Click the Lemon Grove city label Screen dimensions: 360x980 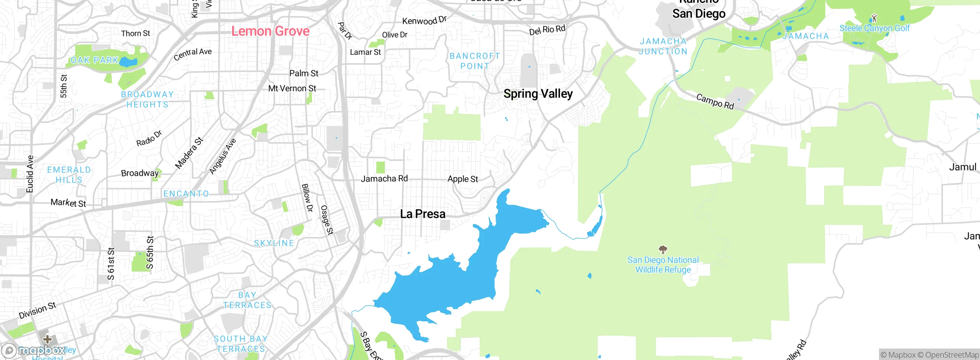click(270, 31)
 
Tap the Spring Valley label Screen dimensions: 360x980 click(538, 93)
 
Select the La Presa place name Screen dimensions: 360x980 click(423, 214)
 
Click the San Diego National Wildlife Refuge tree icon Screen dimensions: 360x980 click(663, 250)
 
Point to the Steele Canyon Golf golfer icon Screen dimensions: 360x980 click(874, 18)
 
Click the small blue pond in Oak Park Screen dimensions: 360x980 click(128, 62)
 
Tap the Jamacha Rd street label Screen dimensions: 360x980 click(384, 178)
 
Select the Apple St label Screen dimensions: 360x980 click(462, 179)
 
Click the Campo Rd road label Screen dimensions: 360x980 click(715, 101)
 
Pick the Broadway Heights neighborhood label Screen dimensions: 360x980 click(147, 99)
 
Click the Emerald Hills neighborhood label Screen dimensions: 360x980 click(69, 175)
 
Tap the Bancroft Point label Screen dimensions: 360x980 click(475, 61)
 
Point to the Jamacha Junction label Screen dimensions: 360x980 click(663, 46)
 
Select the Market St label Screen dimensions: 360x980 click(68, 203)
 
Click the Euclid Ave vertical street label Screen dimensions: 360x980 click(30, 174)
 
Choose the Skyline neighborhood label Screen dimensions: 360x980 click(274, 243)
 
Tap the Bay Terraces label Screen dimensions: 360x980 click(247, 300)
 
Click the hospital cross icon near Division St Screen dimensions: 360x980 click(47, 339)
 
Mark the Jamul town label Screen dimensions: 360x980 click(962, 167)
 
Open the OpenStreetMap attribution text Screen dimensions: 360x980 click(951, 355)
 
